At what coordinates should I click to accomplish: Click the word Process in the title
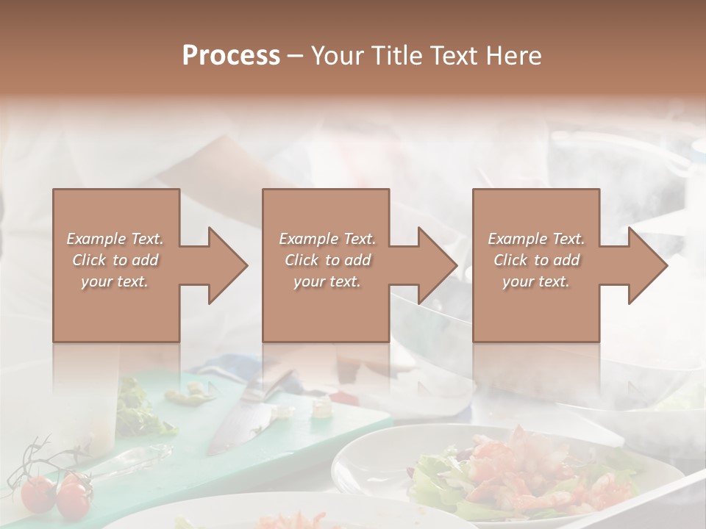(231, 56)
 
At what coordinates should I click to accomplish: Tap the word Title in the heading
(397, 56)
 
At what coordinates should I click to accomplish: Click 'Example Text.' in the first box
(115, 239)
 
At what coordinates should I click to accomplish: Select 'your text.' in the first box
(115, 281)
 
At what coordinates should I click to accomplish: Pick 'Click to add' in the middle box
(327, 260)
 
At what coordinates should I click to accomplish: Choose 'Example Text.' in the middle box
(327, 239)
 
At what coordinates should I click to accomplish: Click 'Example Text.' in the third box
(536, 239)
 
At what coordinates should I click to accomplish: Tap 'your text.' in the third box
(536, 281)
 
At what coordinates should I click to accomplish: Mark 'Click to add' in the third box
(536, 260)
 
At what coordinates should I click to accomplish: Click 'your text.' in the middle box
(327, 281)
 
